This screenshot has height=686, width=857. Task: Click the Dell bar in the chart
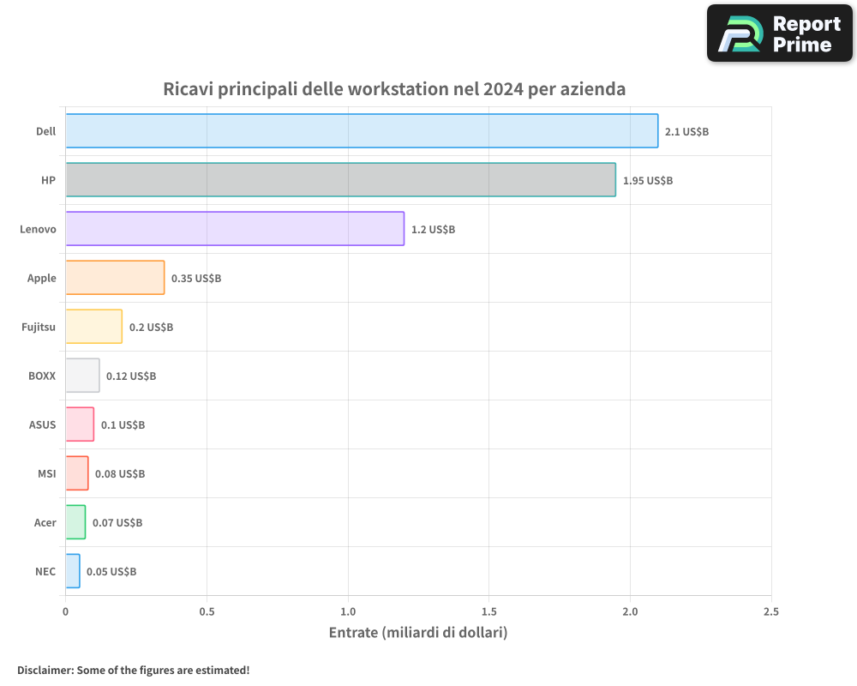click(x=362, y=131)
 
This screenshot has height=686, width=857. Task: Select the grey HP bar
click(x=340, y=180)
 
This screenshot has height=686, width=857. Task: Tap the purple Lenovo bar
click(x=234, y=229)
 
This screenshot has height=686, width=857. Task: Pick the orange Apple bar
click(x=115, y=278)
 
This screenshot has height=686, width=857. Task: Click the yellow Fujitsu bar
click(x=93, y=327)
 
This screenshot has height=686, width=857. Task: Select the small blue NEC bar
click(x=73, y=571)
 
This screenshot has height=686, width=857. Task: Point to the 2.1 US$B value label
click(x=686, y=132)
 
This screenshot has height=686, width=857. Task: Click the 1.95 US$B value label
click(x=647, y=181)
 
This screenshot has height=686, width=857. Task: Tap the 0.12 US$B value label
click(x=131, y=376)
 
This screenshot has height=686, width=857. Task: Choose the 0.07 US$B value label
click(x=117, y=523)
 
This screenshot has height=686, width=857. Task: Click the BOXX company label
click(x=41, y=376)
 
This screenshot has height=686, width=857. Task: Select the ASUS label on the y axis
click(x=42, y=424)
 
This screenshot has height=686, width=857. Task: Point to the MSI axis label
click(x=46, y=473)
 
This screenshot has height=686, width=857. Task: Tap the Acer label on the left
click(x=45, y=522)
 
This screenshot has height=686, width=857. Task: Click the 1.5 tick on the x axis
click(x=488, y=612)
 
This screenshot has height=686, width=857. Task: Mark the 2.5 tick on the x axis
click(x=770, y=612)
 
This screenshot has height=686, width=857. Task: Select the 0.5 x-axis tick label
click(x=207, y=612)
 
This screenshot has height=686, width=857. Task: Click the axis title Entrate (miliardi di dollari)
click(x=418, y=633)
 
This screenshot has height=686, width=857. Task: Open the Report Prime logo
click(x=779, y=33)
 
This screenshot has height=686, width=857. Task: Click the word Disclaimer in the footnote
click(x=45, y=671)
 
